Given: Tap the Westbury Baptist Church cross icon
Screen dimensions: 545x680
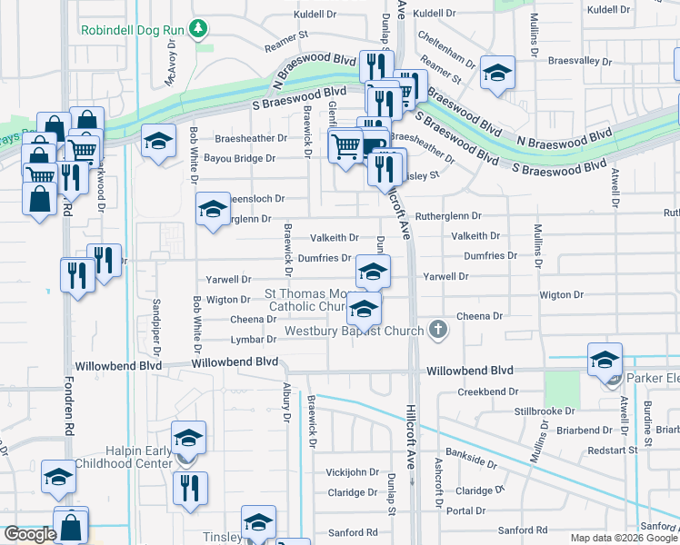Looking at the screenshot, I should click(x=439, y=330).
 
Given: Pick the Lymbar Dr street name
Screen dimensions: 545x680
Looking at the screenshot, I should click(x=254, y=339).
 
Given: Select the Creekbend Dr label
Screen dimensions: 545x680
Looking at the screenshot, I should click(x=487, y=391).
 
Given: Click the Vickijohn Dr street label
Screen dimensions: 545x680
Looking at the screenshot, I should click(x=353, y=472).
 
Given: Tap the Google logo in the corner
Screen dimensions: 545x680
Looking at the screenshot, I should click(x=30, y=534).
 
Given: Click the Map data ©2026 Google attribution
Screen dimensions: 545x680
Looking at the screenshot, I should click(x=624, y=538).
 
